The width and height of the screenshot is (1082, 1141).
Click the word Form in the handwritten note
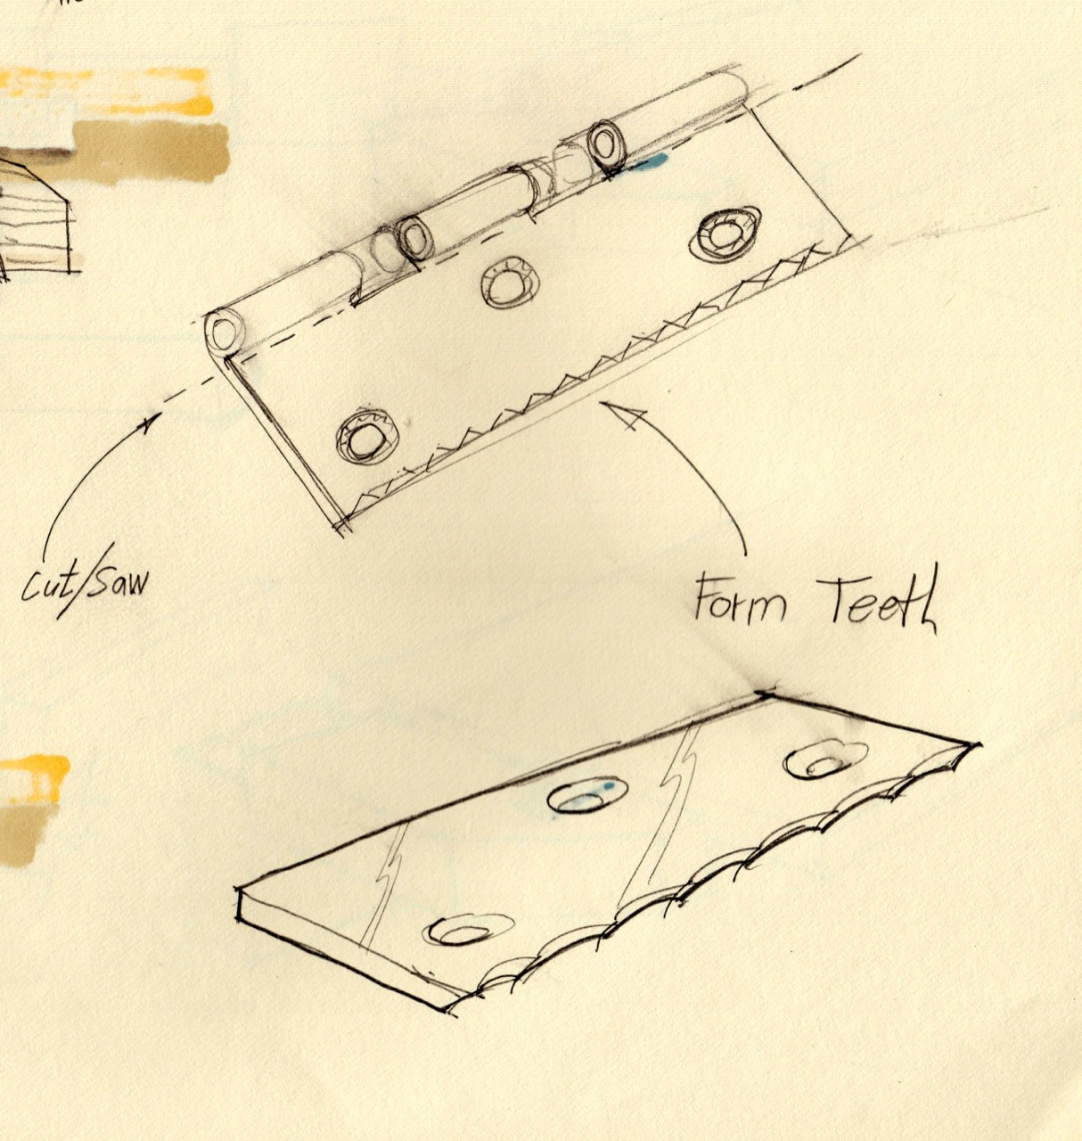click(740, 599)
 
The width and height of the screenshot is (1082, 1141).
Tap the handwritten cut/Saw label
click(85, 584)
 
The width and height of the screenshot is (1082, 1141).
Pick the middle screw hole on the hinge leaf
click(506, 283)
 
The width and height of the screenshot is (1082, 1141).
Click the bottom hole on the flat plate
click(463, 931)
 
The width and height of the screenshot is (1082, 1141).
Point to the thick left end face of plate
click(240, 905)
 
